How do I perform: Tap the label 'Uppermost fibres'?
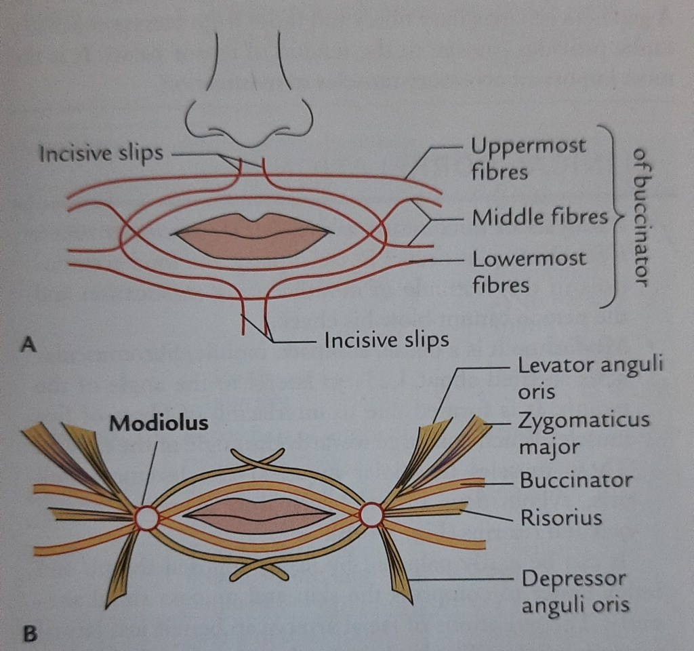[x=528, y=158]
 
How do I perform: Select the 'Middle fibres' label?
[x=539, y=217]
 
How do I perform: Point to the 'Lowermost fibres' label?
[x=529, y=271]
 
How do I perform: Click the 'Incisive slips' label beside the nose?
[x=101, y=153]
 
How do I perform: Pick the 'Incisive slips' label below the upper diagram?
[x=386, y=338]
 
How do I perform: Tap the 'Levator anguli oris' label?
[x=590, y=379]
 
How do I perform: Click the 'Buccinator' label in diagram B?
[x=576, y=480]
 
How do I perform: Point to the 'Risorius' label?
[x=561, y=518]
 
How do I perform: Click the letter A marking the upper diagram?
[x=28, y=345]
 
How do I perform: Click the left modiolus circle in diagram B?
[x=146, y=518]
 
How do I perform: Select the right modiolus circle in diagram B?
[x=371, y=515]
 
